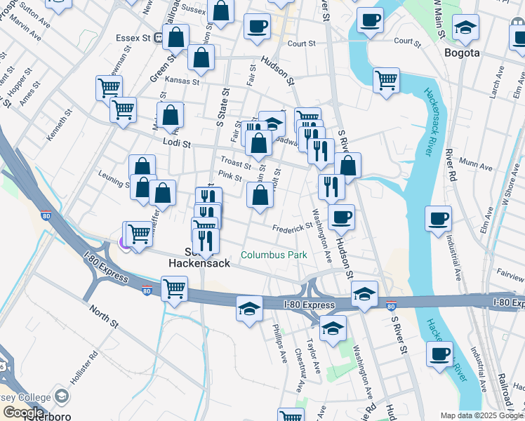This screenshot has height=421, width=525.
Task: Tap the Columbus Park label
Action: pyautogui.click(x=274, y=255)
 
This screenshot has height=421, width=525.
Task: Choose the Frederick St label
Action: pyautogui.click(x=293, y=227)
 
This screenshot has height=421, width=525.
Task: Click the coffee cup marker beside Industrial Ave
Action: pyautogui.click(x=438, y=218)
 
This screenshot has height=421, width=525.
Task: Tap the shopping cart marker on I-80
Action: pyautogui.click(x=174, y=287)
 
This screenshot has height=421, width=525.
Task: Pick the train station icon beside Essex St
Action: pyautogui.click(x=159, y=37)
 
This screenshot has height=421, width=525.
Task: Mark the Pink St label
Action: pyautogui.click(x=230, y=175)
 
